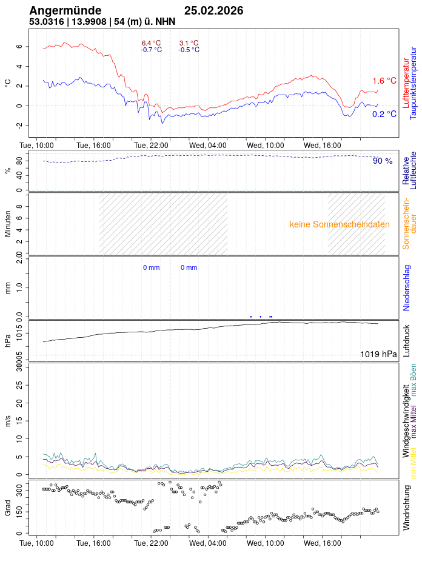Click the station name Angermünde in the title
[x=65, y=11]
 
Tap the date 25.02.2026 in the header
[x=214, y=11]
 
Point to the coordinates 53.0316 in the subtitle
[x=46, y=22]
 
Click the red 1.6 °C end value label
[x=384, y=81]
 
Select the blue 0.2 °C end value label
[x=384, y=114]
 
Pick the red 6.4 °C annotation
[x=152, y=43]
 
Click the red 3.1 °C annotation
[x=189, y=43]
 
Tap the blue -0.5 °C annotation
[x=189, y=50]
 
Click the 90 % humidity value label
[x=383, y=161]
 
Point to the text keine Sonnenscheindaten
[x=340, y=224]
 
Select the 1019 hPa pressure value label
[x=378, y=355]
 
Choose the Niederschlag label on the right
[x=407, y=287]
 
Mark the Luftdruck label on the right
[x=407, y=341]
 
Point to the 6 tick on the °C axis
[x=19, y=47]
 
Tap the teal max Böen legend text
[x=414, y=381]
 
